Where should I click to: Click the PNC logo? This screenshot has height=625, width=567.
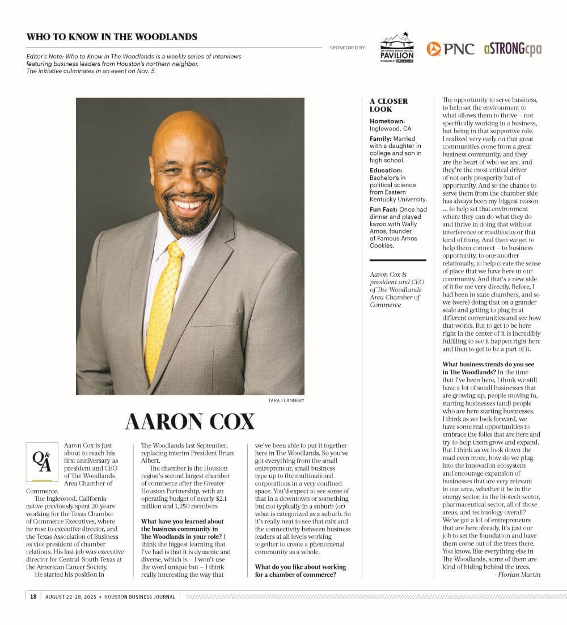click(450, 49)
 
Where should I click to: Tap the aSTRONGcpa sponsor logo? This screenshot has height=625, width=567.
click(512, 49)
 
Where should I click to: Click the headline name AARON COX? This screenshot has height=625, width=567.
click(190, 422)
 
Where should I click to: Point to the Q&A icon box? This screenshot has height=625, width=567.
click(42, 462)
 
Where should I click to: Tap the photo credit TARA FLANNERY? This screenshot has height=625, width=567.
click(286, 400)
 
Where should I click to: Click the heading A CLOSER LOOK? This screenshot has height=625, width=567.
click(389, 105)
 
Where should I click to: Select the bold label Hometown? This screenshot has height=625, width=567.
click(387, 121)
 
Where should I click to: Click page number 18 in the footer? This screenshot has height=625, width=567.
click(33, 596)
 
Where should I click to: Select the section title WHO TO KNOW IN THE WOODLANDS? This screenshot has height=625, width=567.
click(112, 37)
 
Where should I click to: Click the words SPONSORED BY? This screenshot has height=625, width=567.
click(347, 48)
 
